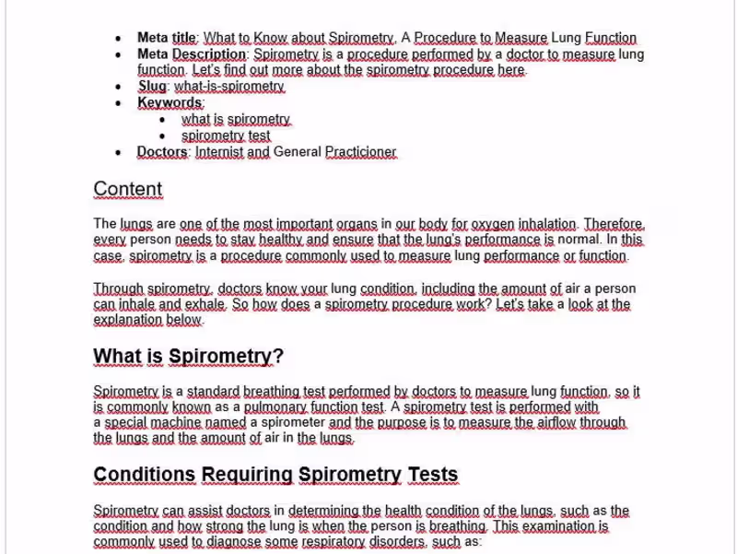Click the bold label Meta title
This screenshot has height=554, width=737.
click(x=167, y=38)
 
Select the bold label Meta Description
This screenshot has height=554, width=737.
click(x=192, y=54)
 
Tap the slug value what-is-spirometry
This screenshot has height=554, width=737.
click(x=229, y=86)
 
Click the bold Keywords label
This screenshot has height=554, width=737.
click(x=170, y=102)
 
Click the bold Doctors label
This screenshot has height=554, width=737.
click(x=162, y=152)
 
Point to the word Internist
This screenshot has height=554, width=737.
click(x=219, y=152)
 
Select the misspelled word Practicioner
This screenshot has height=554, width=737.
click(x=360, y=152)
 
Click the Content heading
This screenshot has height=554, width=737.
click(x=127, y=189)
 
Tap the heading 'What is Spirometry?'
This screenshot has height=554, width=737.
click(x=189, y=357)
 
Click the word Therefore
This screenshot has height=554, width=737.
click(x=614, y=223)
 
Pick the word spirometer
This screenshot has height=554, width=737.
click(x=287, y=422)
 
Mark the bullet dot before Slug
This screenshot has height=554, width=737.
click(x=118, y=87)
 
